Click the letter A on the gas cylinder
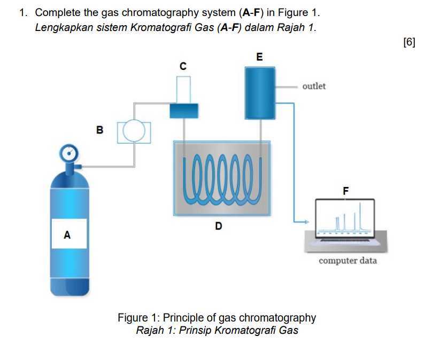[x=67, y=234]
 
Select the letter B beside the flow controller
[x=99, y=129]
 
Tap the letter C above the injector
[x=183, y=66]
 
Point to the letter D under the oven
[x=218, y=226]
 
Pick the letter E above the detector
[x=260, y=57]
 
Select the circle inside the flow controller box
[x=135, y=131]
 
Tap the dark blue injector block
[x=183, y=111]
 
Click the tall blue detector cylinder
[x=260, y=93]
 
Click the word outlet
[x=314, y=86]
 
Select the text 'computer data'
[x=348, y=261]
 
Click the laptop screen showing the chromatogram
[x=344, y=218]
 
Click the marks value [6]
[x=409, y=43]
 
